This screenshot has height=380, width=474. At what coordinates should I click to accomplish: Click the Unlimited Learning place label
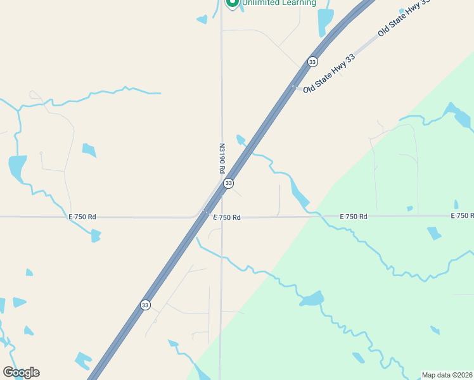pos(278,3)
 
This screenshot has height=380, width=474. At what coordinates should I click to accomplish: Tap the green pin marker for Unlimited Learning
pos(232,3)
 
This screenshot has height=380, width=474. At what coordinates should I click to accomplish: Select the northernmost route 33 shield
pos(312,62)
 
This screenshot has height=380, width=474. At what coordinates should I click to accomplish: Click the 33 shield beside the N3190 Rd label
pos(228,183)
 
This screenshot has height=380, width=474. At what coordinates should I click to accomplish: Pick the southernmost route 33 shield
pos(146,305)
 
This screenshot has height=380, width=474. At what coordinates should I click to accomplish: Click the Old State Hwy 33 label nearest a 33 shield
pos(329,74)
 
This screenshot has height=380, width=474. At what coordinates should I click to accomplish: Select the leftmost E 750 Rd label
pos(82,217)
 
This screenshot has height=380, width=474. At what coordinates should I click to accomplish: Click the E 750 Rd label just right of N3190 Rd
pos(227,217)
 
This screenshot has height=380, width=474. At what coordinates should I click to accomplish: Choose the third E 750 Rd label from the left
pos(354,217)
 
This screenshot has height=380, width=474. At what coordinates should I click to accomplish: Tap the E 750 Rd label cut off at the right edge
pos(462,216)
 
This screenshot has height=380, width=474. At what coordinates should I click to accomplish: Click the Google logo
pos(21,372)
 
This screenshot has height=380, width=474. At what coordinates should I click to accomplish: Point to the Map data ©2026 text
pos(447,375)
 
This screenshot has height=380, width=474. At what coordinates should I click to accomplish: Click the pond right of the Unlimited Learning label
pos(325,21)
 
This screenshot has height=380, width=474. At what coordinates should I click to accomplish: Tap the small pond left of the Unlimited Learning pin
pos(202,20)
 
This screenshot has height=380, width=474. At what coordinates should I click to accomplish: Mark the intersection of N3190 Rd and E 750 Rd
pos(221,217)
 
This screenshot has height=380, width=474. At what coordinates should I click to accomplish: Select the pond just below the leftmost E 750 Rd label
pos(96,236)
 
